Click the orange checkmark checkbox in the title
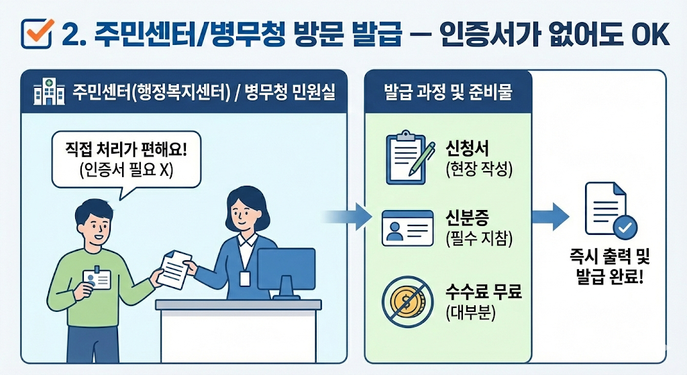tap(37, 33)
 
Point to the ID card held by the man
tap(96, 280)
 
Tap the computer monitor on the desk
tap(286, 270)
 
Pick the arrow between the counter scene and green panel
tap(349, 216)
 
